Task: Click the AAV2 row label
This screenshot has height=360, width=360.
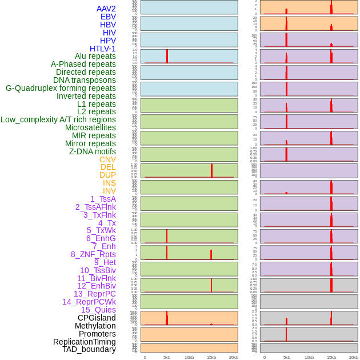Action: pyautogui.click(x=106, y=9)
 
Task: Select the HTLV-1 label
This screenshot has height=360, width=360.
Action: pyautogui.click(x=102, y=49)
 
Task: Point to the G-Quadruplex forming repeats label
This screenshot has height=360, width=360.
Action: pyautogui.click(x=61, y=88)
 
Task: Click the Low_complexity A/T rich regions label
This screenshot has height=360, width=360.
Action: pyautogui.click(x=58, y=119)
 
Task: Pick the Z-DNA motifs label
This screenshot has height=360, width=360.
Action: pyautogui.click(x=92, y=151)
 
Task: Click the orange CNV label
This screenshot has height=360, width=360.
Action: pyautogui.click(x=107, y=159)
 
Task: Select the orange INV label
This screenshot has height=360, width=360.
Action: pyautogui.click(x=109, y=191)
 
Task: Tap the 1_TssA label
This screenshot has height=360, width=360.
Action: pyautogui.click(x=103, y=199)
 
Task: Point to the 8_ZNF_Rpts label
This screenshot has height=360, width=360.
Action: pyautogui.click(x=93, y=254)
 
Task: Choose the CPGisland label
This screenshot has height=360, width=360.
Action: pyautogui.click(x=97, y=318)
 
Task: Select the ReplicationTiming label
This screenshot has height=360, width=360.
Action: pyautogui.click(x=84, y=342)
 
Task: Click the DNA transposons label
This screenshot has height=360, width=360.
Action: pyautogui.click(x=85, y=80)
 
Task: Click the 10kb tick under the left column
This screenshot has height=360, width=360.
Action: pyautogui.click(x=189, y=357)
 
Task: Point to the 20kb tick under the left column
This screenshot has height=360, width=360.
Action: pyautogui.click(x=234, y=357)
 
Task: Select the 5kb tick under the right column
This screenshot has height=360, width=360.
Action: pyautogui.click(x=287, y=357)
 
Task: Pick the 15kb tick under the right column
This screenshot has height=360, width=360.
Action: pyautogui.click(x=331, y=357)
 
